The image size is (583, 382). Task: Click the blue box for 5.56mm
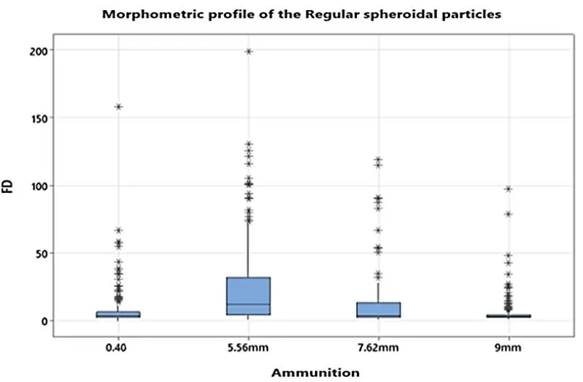248,296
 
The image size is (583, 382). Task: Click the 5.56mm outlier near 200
248,51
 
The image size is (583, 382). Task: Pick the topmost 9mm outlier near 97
508,189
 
